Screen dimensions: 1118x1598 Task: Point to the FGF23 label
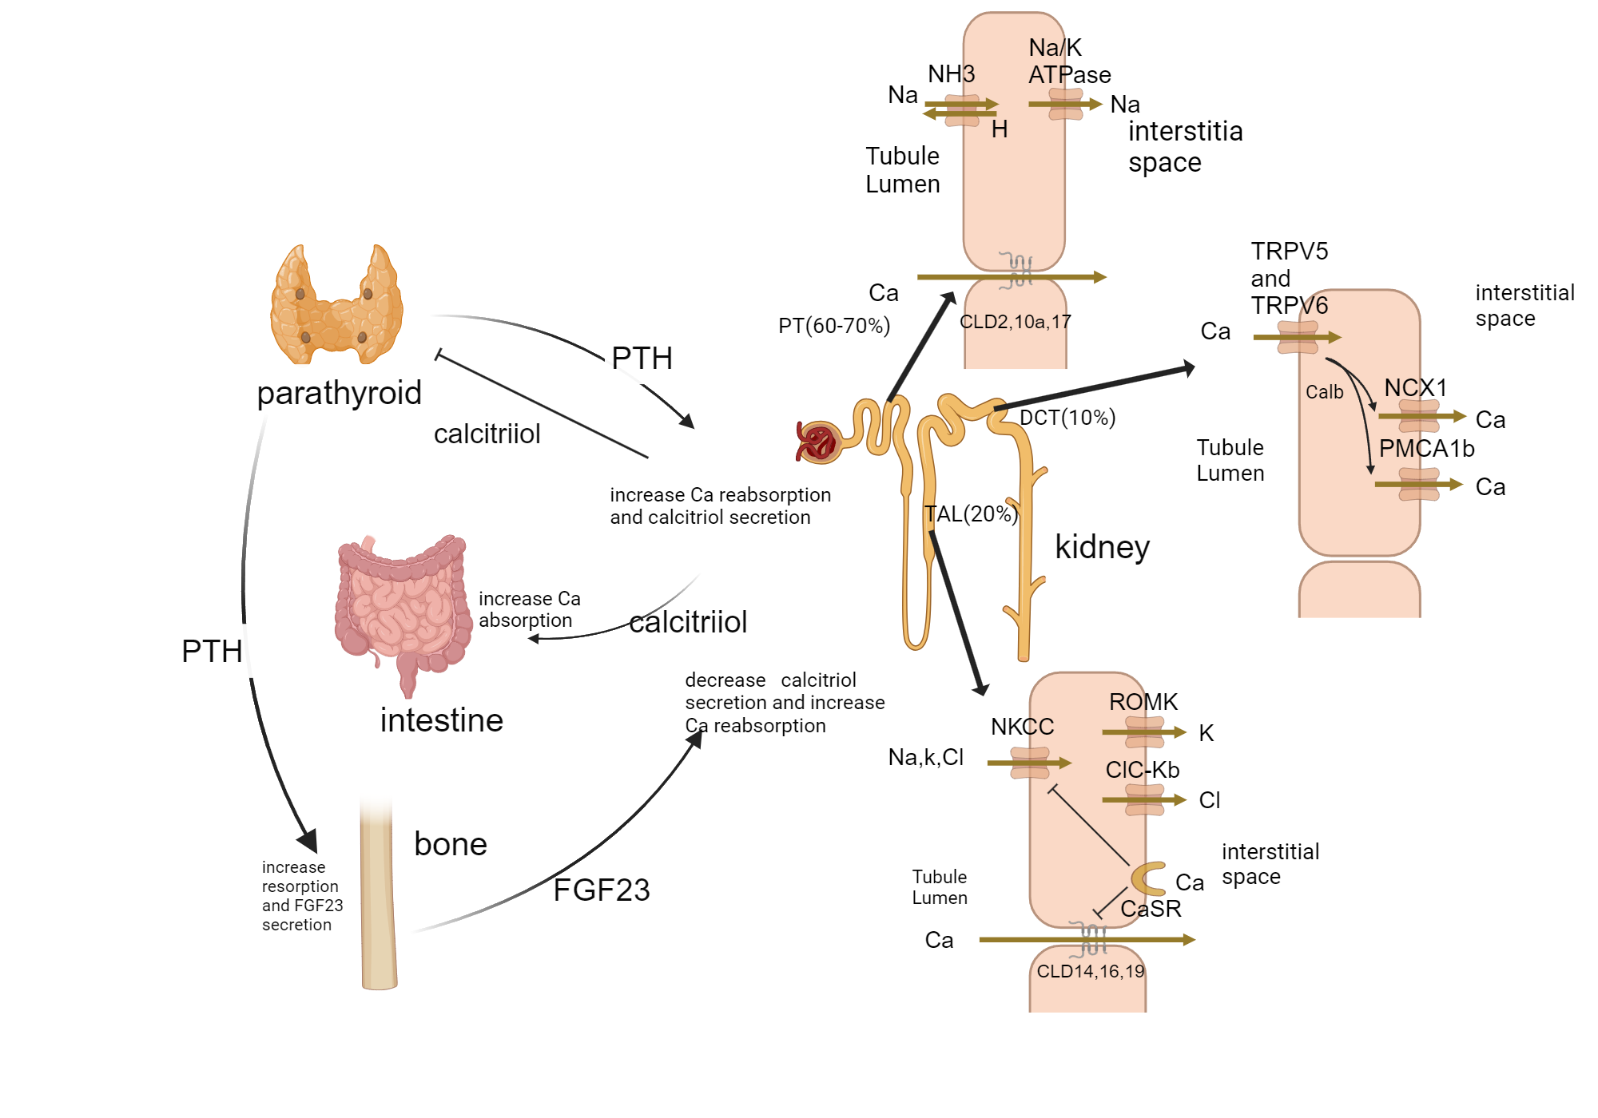(601, 890)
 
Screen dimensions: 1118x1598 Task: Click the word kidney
(1102, 547)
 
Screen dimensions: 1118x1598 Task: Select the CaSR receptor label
(1151, 909)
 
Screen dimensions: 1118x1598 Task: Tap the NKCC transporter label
(1022, 727)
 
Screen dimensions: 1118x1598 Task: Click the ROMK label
(1143, 702)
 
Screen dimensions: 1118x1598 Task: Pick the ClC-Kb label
(1142, 770)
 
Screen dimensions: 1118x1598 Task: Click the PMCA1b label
(1426, 449)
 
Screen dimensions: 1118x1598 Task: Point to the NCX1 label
(1415, 388)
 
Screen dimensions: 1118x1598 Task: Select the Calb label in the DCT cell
(1324, 392)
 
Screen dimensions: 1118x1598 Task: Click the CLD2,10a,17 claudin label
(1015, 322)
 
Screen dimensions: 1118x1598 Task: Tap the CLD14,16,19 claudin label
(1090, 971)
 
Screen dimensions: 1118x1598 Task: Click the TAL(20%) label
(971, 514)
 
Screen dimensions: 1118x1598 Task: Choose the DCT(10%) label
(1067, 418)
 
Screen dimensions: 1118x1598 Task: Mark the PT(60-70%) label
(833, 326)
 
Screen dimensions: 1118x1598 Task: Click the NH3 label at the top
(951, 74)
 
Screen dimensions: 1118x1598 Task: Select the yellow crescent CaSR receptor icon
(1148, 878)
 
